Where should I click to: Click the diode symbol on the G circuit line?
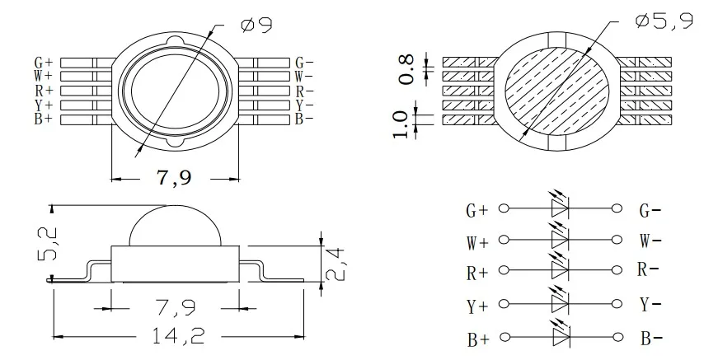pos(560,209)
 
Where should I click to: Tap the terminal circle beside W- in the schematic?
pos(614,241)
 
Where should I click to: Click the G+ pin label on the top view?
pos(43,63)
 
